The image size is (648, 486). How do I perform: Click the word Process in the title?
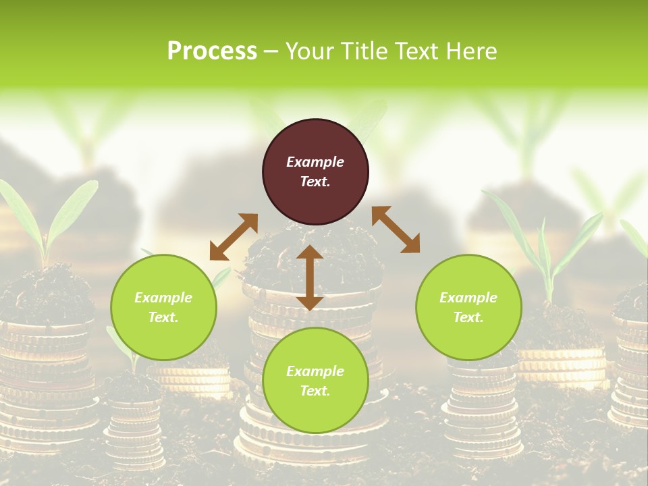(211, 51)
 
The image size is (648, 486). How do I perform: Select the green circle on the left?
(163, 308)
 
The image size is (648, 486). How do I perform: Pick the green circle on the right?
(468, 308)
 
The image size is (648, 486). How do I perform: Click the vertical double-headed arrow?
(310, 278)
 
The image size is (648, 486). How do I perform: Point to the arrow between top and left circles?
(234, 236)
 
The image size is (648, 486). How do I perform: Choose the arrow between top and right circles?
(396, 230)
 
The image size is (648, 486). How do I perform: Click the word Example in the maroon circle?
(315, 162)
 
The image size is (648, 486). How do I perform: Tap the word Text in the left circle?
(163, 317)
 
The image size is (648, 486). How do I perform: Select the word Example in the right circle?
(468, 298)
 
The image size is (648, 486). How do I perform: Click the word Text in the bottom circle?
(315, 391)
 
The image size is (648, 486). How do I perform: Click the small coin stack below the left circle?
(135, 425)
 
